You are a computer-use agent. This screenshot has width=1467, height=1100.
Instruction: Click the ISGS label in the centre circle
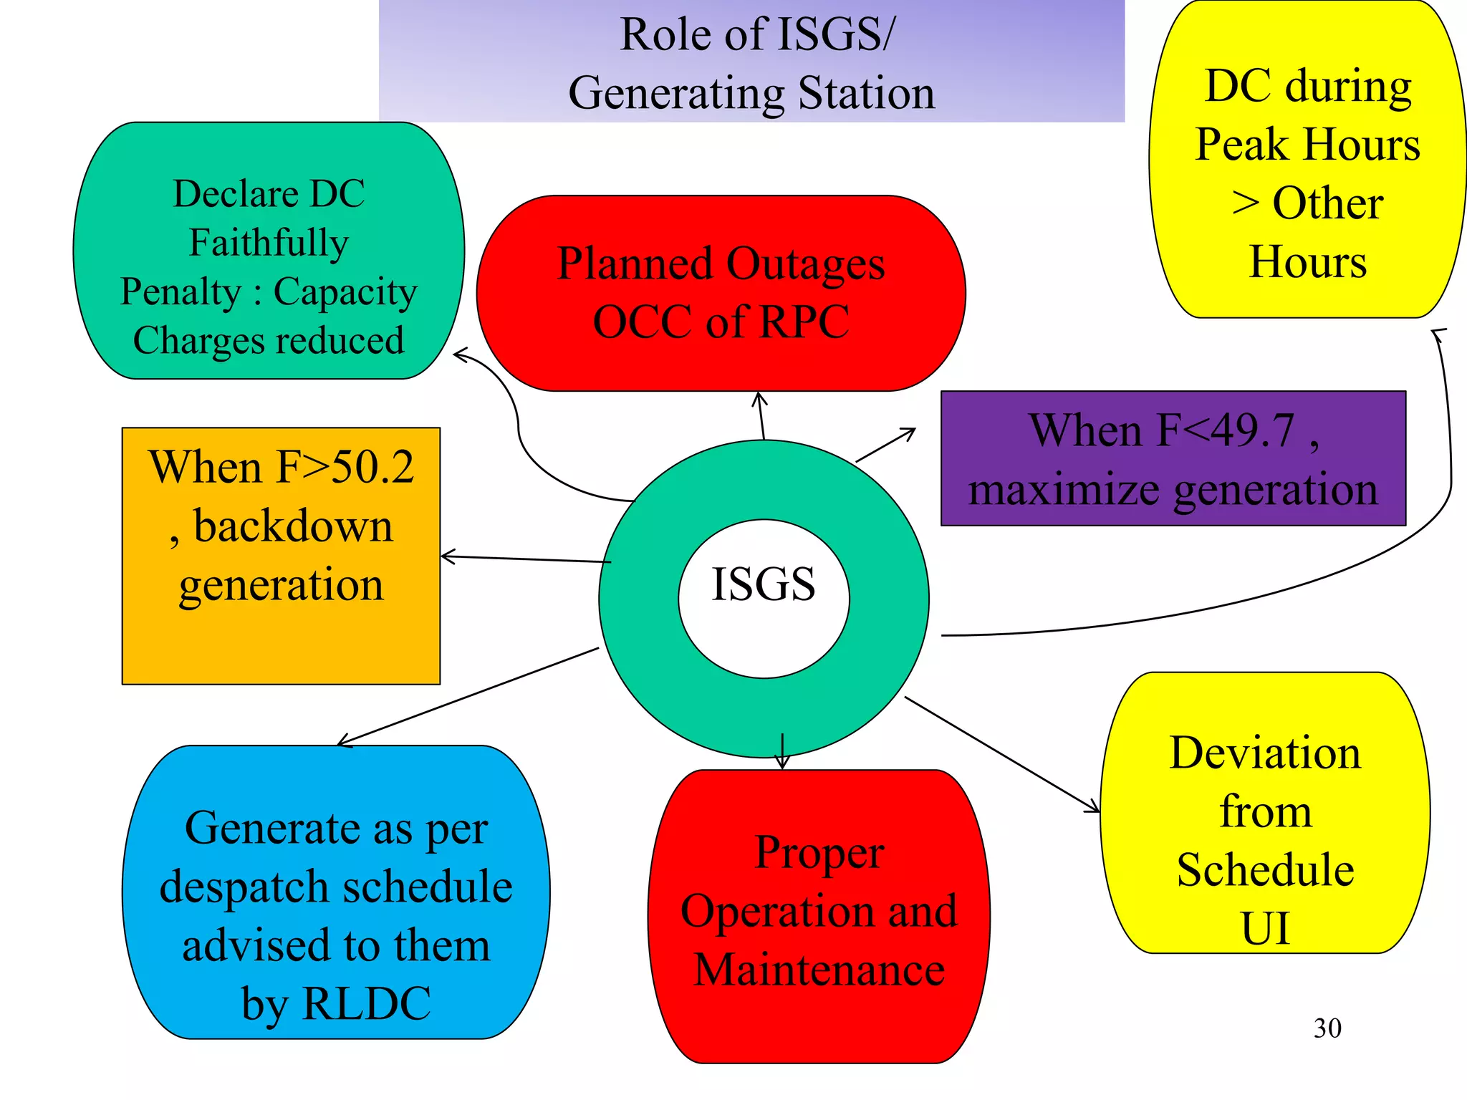pos(763,584)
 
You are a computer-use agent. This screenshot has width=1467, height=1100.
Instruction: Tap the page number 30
pos(1327,1028)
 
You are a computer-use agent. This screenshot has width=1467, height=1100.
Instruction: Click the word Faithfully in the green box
pos(269,242)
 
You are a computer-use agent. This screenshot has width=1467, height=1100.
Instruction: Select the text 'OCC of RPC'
pos(721,322)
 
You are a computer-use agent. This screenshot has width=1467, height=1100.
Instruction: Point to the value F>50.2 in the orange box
pos(345,467)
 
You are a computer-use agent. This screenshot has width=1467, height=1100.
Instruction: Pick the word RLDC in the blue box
pos(367,1003)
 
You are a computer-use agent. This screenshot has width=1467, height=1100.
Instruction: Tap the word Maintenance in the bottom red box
pos(819,970)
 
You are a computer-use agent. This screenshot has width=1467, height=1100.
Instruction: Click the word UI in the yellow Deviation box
pos(1265,928)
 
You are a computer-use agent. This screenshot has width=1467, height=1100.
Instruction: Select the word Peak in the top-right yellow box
pos(1241,145)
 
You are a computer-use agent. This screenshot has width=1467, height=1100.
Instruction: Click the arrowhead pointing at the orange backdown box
pos(446,556)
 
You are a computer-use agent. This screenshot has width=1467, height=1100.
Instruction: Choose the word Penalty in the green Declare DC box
pos(181,291)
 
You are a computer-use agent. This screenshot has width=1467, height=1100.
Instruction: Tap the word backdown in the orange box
pos(293,526)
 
